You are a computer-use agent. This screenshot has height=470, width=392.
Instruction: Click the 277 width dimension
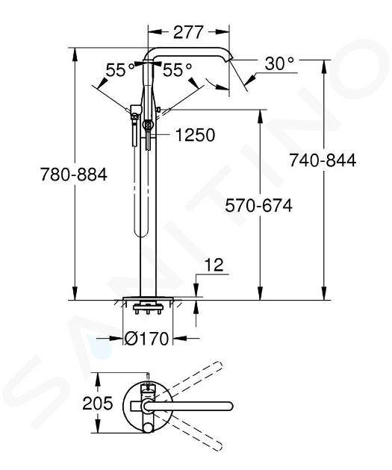coord(188,32)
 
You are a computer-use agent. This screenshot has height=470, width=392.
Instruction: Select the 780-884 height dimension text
coord(74,175)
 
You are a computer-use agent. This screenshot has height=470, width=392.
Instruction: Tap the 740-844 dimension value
coord(323,160)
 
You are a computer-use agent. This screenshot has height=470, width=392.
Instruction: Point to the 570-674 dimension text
coord(259,206)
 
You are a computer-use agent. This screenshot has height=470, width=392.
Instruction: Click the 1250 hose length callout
coord(195,135)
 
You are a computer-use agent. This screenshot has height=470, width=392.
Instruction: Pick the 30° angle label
coord(279,63)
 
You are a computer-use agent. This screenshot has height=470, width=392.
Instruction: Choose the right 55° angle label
coord(177,70)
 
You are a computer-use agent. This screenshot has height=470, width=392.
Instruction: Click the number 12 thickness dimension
coord(214,265)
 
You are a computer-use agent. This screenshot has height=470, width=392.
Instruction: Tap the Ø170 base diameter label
coord(146,339)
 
